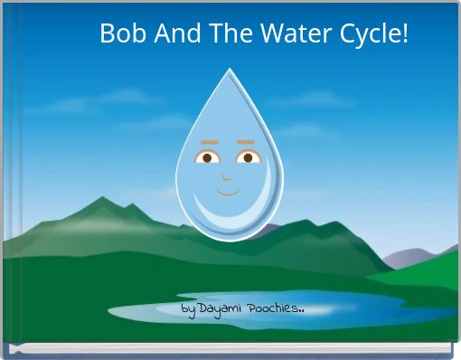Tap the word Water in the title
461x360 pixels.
click(x=292, y=34)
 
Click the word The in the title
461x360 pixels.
click(x=227, y=34)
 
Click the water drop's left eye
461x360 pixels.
click(x=208, y=157)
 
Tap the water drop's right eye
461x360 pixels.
click(x=248, y=157)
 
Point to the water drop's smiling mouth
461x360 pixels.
click(x=228, y=191)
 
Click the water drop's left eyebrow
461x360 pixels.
click(x=209, y=143)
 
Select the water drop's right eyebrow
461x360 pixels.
click(x=246, y=143)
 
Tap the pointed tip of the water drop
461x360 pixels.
click(x=229, y=72)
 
